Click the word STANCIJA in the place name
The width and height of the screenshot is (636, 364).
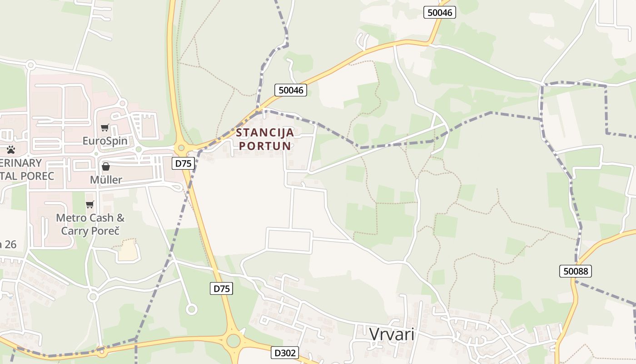[265, 133]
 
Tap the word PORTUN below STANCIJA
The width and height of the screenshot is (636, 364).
[265, 146]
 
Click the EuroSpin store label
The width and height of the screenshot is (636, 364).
[105, 141]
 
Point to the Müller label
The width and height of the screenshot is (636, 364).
[106, 180]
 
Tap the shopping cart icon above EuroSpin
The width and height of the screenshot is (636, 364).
[105, 128]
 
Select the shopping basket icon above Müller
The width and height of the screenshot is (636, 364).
[106, 167]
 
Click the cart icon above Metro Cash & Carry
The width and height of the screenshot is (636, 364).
[90, 205]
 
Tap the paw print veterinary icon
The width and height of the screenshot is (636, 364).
[11, 149]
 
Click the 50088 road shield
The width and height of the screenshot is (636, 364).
[575, 272]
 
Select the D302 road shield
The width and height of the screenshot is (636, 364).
[285, 353]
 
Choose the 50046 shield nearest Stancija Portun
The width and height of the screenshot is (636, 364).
[291, 90]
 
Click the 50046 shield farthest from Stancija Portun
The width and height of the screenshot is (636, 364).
[440, 13]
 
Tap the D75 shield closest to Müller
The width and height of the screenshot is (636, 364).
[184, 163]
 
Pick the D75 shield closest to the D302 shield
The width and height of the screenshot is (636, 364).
[221, 288]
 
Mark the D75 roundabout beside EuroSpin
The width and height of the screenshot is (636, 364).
[182, 148]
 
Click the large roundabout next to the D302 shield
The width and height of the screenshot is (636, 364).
[234, 340]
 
